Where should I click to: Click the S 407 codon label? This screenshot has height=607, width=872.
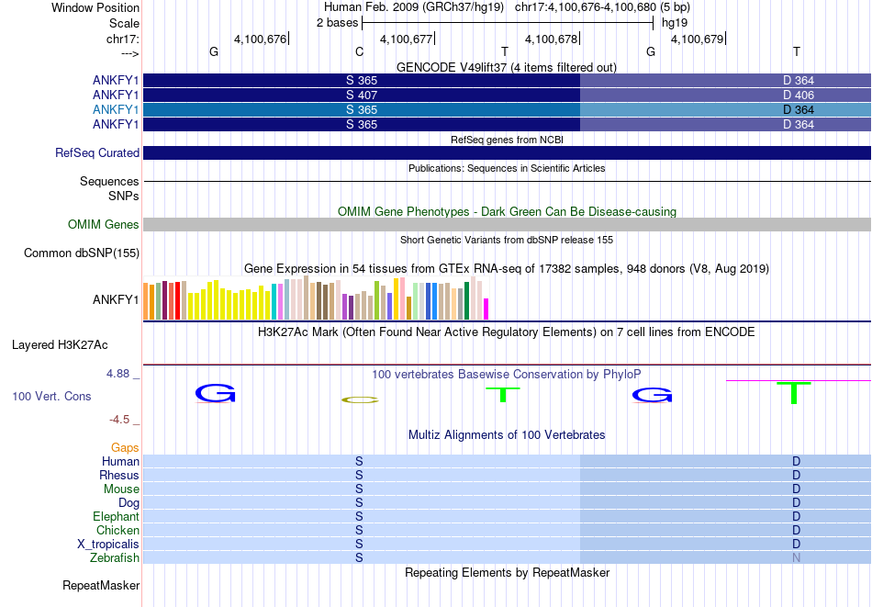pyautogui.click(x=362, y=96)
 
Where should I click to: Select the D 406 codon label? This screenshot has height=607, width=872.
pyautogui.click(x=798, y=96)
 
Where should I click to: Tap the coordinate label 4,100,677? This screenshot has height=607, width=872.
pyautogui.click(x=406, y=39)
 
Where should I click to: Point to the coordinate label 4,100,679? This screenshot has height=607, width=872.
pyautogui.click(x=698, y=39)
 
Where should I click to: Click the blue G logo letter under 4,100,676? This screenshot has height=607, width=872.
pyautogui.click(x=215, y=393)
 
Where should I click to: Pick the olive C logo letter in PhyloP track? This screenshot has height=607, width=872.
pyautogui.click(x=360, y=399)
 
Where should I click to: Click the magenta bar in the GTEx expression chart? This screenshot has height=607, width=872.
pyautogui.click(x=486, y=309)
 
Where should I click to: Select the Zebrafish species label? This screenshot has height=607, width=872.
pyautogui.click(x=115, y=557)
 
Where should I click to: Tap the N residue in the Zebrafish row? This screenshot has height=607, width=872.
pyautogui.click(x=797, y=557)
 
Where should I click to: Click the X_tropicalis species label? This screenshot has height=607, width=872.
pyautogui.click(x=108, y=545)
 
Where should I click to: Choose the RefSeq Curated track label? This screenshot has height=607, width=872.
pyautogui.click(x=97, y=153)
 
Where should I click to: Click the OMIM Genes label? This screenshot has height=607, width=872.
pyautogui.click(x=104, y=224)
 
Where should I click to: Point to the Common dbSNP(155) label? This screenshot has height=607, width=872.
pyautogui.click(x=82, y=253)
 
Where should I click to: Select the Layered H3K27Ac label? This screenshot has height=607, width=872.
pyautogui.click(x=60, y=345)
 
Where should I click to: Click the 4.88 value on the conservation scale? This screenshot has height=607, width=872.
pyautogui.click(x=117, y=374)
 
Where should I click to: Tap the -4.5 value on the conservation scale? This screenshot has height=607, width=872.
pyautogui.click(x=119, y=419)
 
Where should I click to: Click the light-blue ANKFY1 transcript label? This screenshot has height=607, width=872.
pyautogui.click(x=116, y=109)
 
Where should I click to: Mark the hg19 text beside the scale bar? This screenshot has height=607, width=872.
pyautogui.click(x=675, y=23)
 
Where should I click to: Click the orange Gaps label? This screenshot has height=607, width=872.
pyautogui.click(x=125, y=448)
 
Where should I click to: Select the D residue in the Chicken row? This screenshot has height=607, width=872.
pyautogui.click(x=797, y=530)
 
